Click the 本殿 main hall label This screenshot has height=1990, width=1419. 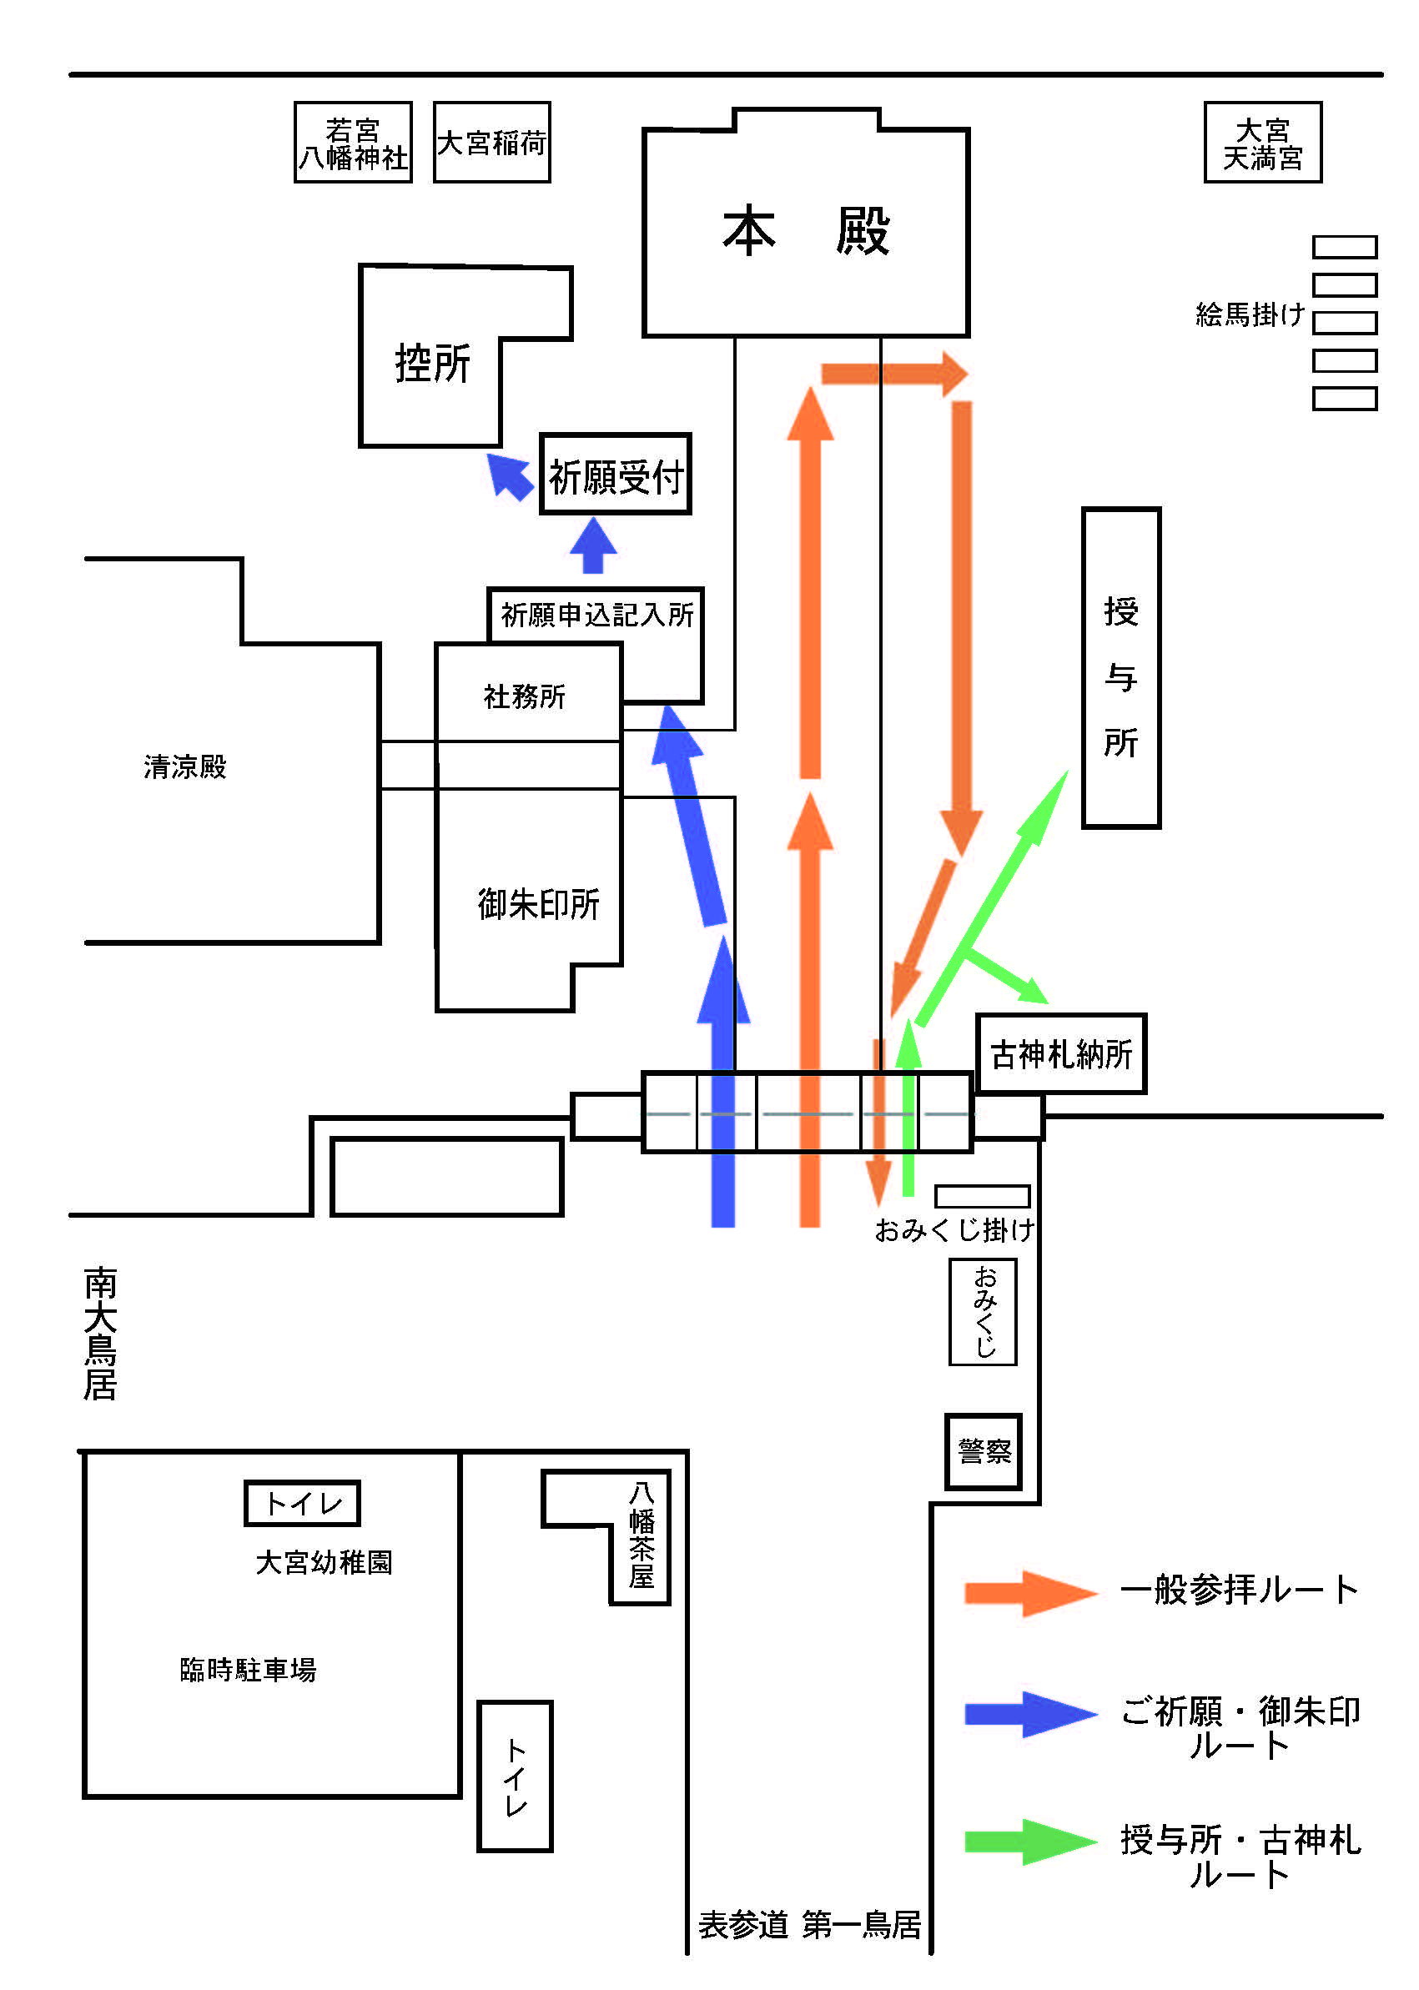pos(806,232)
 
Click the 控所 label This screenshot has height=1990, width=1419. pos(432,363)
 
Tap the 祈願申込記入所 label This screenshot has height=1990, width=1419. pos(596,615)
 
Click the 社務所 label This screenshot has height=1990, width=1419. pos(524,696)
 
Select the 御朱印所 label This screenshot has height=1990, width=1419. pos(538,904)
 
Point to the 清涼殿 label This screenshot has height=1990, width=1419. pos(185,767)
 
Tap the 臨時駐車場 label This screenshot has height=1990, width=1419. pos(248,1670)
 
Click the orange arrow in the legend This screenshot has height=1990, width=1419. pos(1031,1592)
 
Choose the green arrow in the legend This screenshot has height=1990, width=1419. pos(1031,1842)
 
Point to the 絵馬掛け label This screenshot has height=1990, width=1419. pos(1250,314)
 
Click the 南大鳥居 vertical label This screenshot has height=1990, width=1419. pos(100,1334)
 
